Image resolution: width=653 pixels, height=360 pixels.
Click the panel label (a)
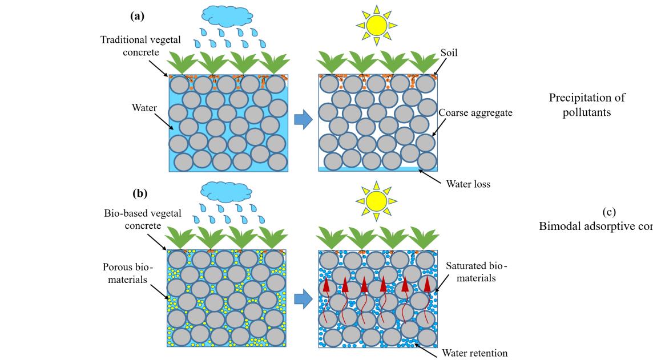(x=137, y=16)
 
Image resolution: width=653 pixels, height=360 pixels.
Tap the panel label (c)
(x=609, y=213)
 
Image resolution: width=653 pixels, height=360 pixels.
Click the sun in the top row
(x=376, y=26)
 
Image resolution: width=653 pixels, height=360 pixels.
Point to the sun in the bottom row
(x=376, y=201)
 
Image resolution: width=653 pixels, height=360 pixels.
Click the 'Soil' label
(x=449, y=52)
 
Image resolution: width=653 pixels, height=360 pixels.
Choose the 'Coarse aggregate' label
(x=475, y=113)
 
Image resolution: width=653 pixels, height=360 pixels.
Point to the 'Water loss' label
(x=466, y=184)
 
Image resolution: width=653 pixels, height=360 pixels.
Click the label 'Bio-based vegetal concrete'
(x=142, y=219)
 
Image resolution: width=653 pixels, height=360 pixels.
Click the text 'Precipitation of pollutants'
(x=587, y=104)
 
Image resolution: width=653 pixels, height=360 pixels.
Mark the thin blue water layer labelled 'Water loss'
(x=377, y=169)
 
